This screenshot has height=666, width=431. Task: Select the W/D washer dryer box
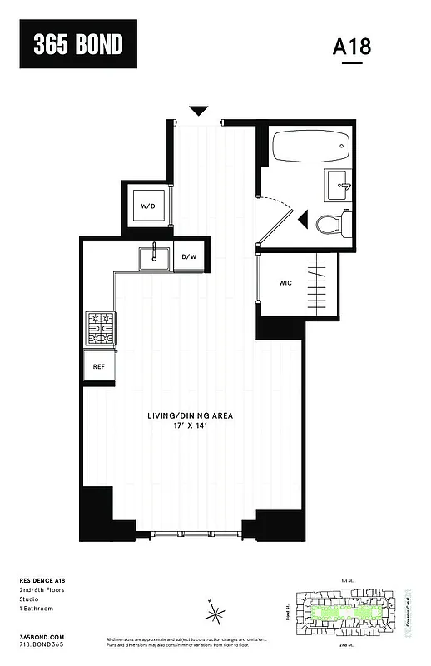click(x=148, y=205)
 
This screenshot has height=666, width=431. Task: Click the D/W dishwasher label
click(x=189, y=256)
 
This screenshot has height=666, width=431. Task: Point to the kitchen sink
click(x=153, y=258)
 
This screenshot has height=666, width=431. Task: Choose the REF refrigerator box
click(x=98, y=365)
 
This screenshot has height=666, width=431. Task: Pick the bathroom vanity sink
click(x=336, y=185)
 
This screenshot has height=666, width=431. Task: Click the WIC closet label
click(x=285, y=283)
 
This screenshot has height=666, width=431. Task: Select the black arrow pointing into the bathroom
click(x=303, y=219)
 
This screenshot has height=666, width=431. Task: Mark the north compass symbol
click(x=215, y=614)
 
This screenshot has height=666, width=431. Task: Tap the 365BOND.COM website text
click(x=40, y=636)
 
